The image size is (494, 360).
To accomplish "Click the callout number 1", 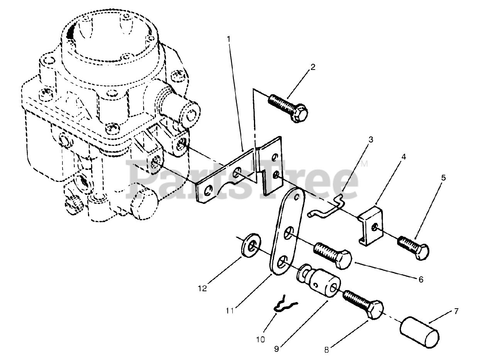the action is coord(229,39).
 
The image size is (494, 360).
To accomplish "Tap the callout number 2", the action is coord(313,67).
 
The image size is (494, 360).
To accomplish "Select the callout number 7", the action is coord(456,311).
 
